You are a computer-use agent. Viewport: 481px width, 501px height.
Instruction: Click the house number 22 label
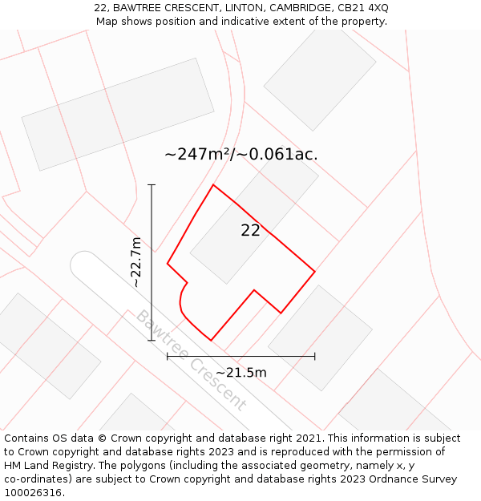coord(250,231)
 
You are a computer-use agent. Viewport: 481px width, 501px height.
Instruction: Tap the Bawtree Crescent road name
coord(191,360)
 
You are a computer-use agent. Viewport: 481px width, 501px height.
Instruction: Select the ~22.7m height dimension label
coord(137,261)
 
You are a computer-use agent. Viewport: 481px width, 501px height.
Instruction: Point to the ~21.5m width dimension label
coord(240,372)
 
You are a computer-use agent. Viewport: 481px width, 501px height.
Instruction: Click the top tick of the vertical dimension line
coord(152,184)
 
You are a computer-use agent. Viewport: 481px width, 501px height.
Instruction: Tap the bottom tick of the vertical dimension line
coord(152,340)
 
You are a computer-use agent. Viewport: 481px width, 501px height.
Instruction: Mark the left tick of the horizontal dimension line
coord(168,356)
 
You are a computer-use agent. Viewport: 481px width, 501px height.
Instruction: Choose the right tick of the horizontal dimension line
coord(314,356)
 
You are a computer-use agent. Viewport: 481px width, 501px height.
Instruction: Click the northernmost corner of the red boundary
coord(213,185)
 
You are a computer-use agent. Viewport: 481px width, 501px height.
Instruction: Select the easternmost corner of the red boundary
coord(314,272)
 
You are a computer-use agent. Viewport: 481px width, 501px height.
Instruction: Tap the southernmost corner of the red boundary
coord(211,340)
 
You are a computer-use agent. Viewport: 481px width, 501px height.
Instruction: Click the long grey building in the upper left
coord(118,114)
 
